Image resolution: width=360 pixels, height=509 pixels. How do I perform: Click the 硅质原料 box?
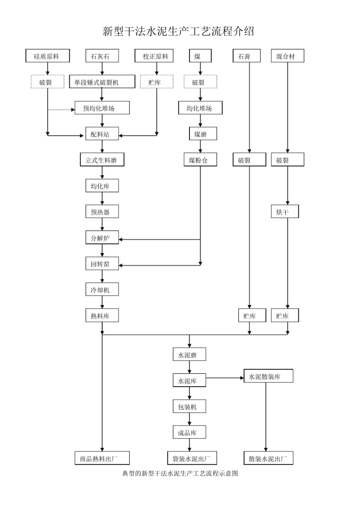coord(47,56)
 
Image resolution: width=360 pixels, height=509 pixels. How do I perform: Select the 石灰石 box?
coord(102,56)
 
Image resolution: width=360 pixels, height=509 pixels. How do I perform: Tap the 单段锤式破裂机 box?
coord(102,82)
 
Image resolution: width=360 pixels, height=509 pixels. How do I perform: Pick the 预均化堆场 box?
coord(102,108)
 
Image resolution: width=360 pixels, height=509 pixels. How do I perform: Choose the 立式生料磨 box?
coord(102,160)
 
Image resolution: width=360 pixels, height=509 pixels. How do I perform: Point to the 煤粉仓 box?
coord(200,160)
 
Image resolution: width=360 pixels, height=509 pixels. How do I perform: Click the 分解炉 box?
coord(102,238)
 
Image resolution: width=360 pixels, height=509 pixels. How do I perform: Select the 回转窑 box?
coord(102,264)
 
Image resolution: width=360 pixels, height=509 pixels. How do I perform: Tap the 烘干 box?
coord(285,212)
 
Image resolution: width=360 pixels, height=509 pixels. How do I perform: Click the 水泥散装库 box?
coord(268,376)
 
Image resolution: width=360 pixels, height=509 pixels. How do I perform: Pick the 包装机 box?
coord(189,407)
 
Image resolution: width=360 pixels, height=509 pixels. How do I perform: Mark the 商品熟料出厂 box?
coord(102,458)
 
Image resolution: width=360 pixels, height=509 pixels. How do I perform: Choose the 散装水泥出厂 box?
coord(268,458)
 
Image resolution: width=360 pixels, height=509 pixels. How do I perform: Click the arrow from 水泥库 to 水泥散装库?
coord(225,378)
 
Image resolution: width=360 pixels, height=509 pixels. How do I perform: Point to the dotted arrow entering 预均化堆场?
coord(61,110)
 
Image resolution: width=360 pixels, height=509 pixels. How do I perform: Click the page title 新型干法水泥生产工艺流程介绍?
coord(178,31)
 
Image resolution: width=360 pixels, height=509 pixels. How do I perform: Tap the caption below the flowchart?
coord(180,473)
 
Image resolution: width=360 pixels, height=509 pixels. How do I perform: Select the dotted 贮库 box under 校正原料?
coord(157,82)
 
